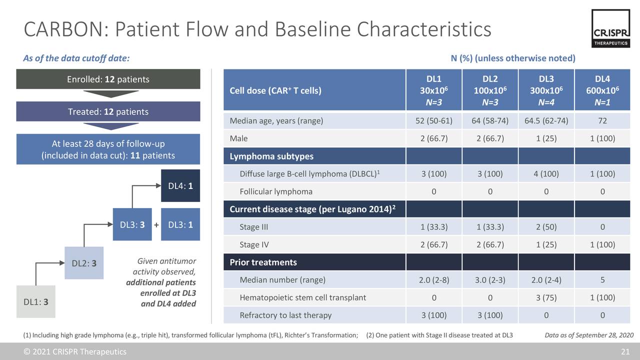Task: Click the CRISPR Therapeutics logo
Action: click(610, 28)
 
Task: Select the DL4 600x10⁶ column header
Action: click(602, 90)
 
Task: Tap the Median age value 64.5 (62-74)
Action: click(546, 121)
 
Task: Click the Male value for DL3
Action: click(546, 138)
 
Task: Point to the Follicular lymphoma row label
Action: click(276, 191)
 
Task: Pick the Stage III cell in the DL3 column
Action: click(546, 227)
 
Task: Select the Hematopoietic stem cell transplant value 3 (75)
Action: click(546, 297)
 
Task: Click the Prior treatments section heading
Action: click(263, 262)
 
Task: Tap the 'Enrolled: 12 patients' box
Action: click(108, 79)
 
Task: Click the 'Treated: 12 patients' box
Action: click(108, 111)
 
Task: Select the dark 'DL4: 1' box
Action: click(180, 185)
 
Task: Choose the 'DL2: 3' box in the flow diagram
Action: click(84, 263)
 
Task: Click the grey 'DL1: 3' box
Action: click(35, 301)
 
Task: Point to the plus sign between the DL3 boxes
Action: click(156, 225)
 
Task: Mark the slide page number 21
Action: click(625, 351)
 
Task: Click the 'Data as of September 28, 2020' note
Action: click(589, 335)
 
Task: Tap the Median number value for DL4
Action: click(602, 280)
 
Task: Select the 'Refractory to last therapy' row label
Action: click(285, 315)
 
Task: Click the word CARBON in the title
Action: click(66, 29)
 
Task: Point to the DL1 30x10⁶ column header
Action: click(433, 90)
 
